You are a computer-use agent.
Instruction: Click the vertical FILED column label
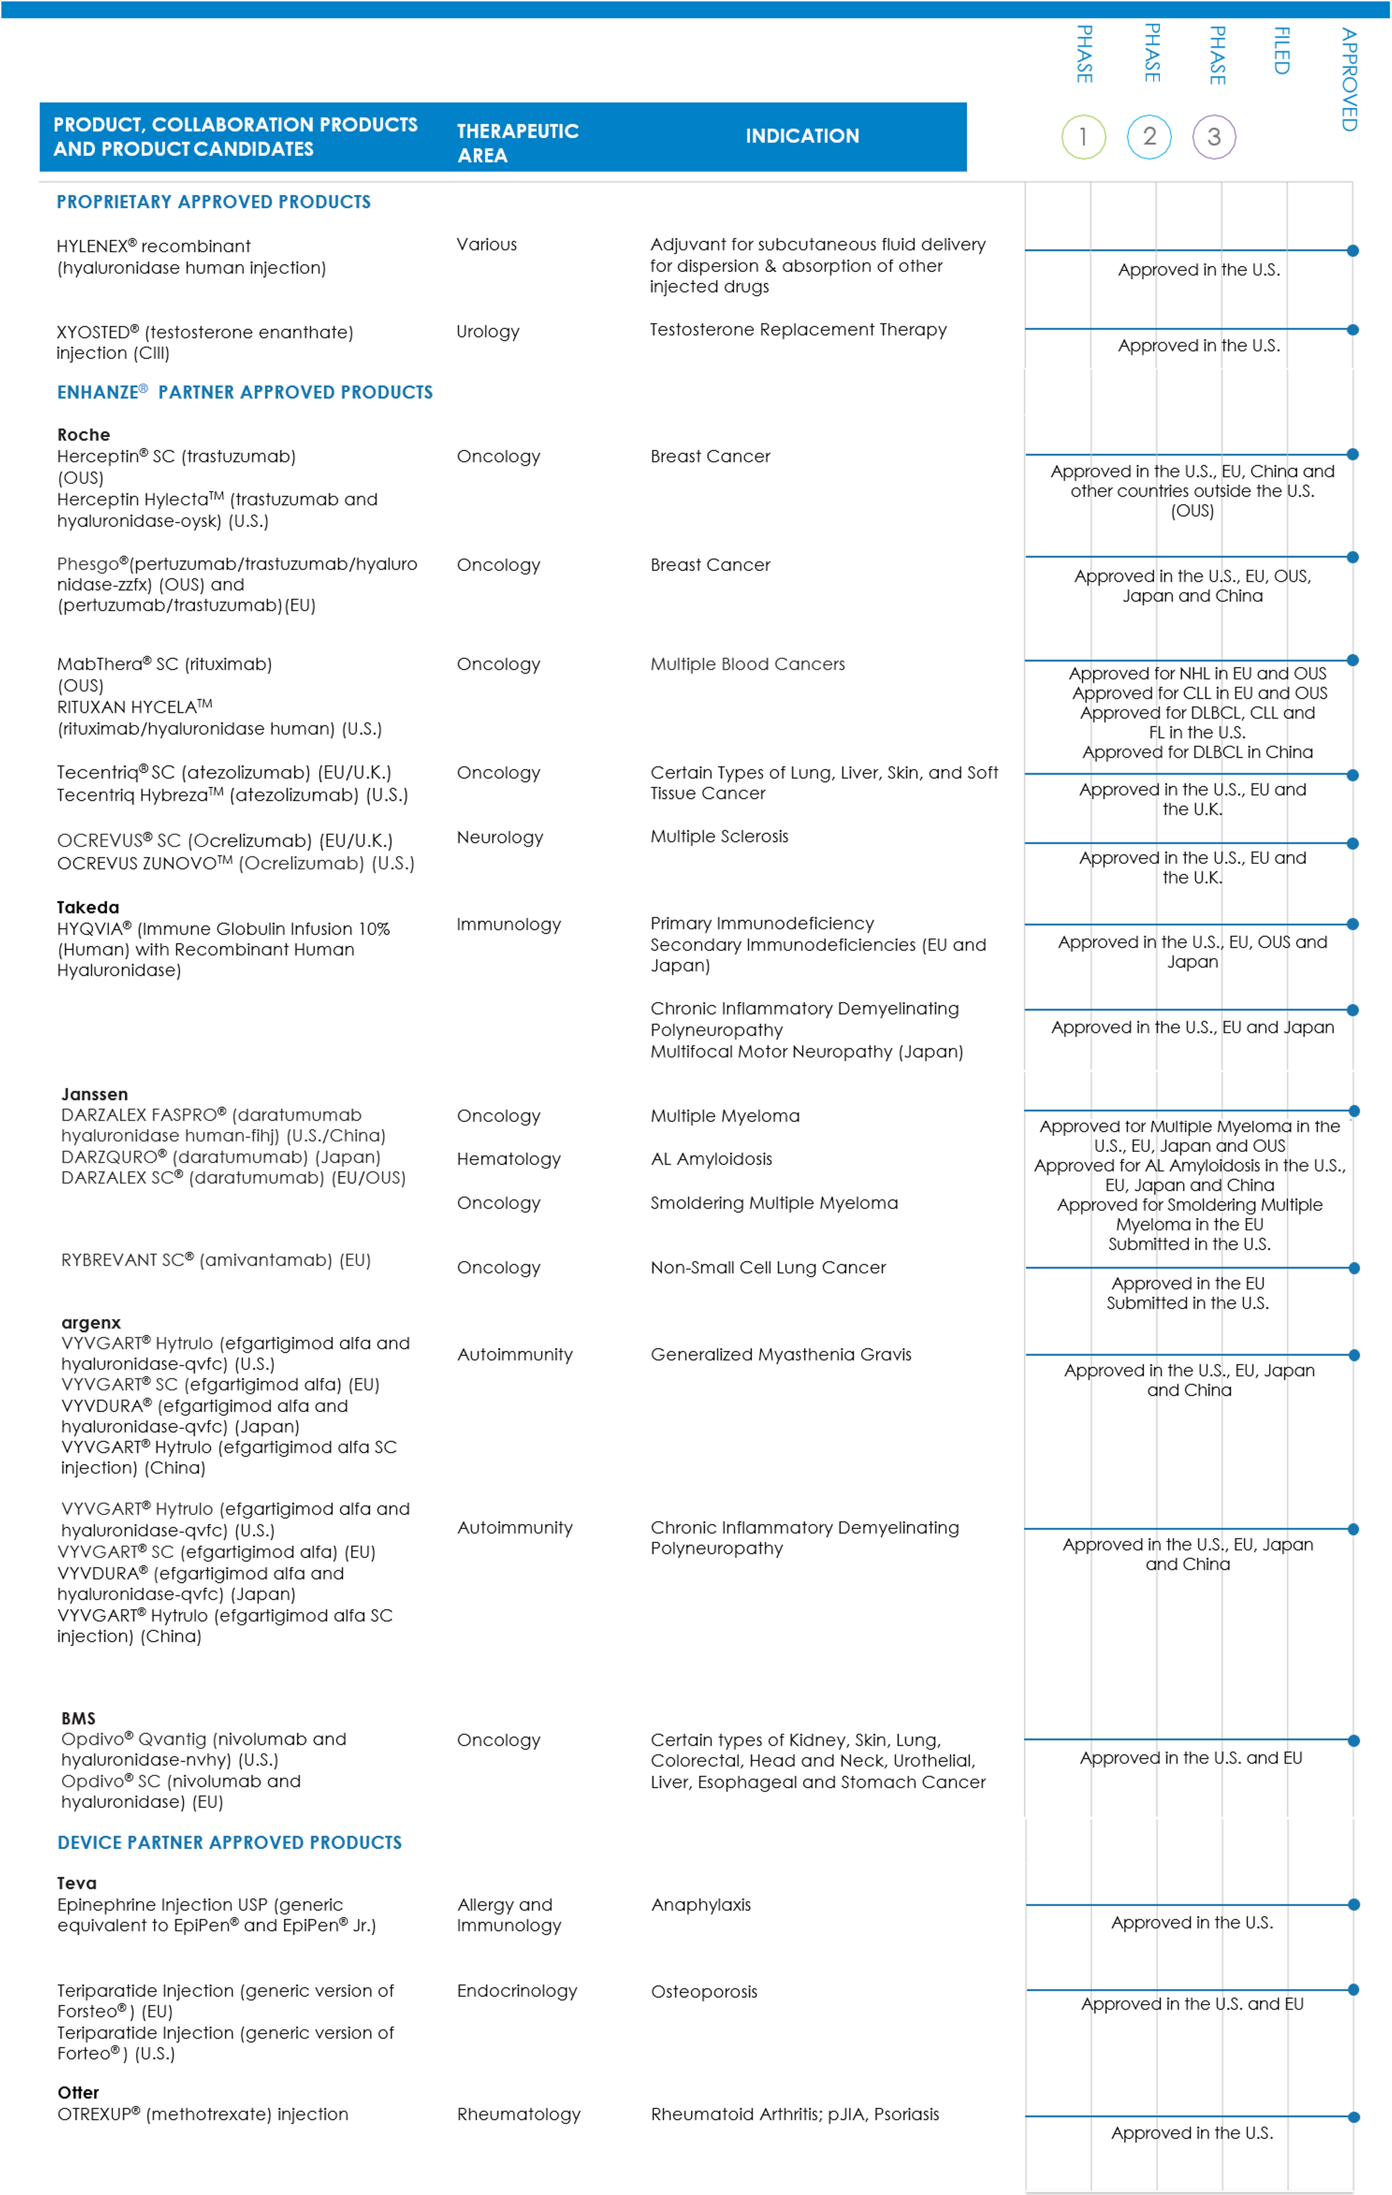tap(1281, 51)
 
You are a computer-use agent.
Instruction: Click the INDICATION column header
tap(802, 136)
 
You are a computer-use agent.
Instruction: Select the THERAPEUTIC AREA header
tap(517, 143)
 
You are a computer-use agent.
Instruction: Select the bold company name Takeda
tap(87, 907)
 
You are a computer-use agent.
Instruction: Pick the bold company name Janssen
tap(94, 1094)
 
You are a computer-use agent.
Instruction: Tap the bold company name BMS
tap(78, 1718)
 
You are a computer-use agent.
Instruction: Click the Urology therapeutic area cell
tap(488, 332)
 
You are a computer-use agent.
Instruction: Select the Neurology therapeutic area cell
tap(500, 837)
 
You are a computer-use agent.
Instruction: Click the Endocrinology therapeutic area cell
tap(517, 1991)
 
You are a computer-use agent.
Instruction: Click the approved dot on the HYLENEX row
tap(1353, 251)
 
